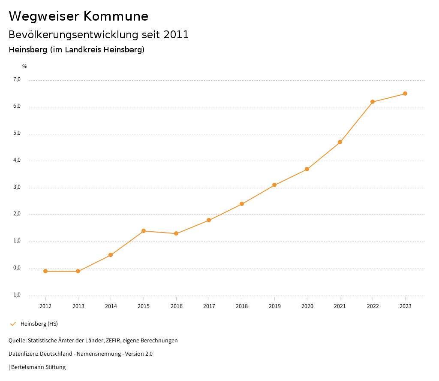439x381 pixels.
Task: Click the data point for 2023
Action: pos(405,94)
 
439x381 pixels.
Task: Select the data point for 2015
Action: pos(144,231)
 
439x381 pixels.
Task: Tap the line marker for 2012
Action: pos(45,271)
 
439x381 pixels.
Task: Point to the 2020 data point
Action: pos(307,169)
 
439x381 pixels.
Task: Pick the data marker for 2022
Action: pos(373,102)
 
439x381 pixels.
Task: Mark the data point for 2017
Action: pos(209,220)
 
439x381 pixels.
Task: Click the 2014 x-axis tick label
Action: pos(111,306)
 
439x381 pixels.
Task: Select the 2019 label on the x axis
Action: pos(274,306)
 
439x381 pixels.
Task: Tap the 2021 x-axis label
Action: pos(340,306)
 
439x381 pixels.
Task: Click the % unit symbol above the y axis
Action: pos(25,67)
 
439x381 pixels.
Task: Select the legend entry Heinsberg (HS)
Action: pos(39,324)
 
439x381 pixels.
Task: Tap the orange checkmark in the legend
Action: pos(13,324)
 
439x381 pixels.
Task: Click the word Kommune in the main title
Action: pos(116,16)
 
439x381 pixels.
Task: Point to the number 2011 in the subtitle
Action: pos(176,35)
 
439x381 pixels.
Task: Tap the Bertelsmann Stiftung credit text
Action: pos(38,367)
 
